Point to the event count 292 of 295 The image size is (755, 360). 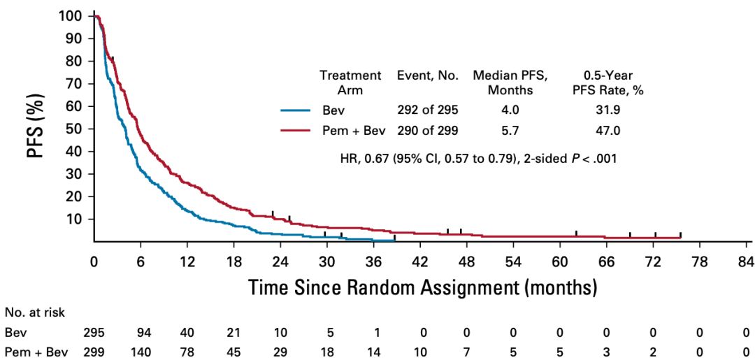(x=427, y=110)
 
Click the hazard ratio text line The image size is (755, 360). (x=478, y=159)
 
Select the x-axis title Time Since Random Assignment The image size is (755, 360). (x=422, y=287)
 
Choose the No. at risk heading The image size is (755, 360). (x=35, y=312)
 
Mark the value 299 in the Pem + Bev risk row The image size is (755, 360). (x=94, y=350)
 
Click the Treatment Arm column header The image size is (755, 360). (x=350, y=82)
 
